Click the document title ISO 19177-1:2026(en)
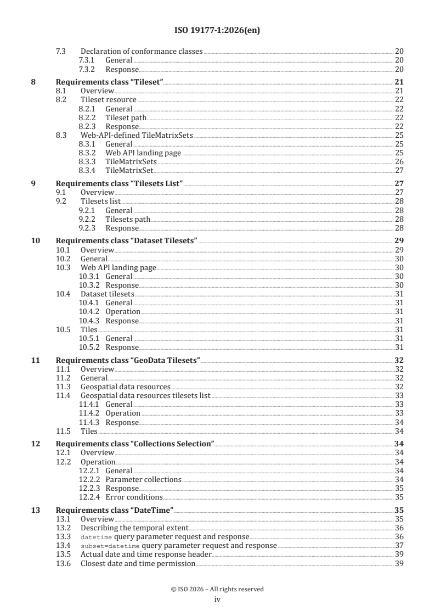point(217,31)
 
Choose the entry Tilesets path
point(128,219)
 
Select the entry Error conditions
point(132,497)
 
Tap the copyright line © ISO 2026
point(217,589)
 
